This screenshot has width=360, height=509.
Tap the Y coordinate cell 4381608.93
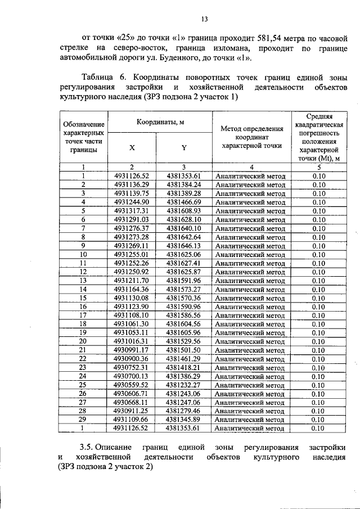[183, 211]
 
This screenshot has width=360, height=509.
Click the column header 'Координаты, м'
[159, 122]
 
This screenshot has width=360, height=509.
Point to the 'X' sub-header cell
[132, 148]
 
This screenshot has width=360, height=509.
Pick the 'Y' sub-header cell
[183, 148]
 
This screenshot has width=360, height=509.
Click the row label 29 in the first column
[83, 419]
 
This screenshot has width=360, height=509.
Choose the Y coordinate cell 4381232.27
[183, 385]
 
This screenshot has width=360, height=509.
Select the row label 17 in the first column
[83, 315]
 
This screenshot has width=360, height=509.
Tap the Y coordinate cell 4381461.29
[183, 358]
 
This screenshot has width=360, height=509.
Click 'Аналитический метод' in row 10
[251, 254]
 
